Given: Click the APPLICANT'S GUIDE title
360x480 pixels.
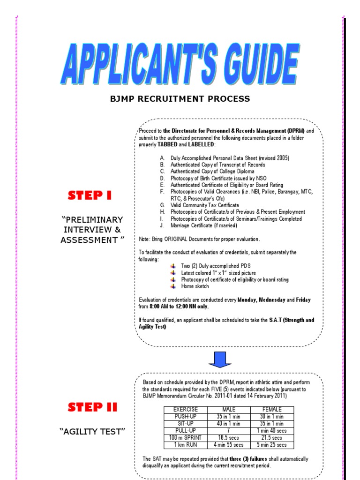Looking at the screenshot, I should point(180,64).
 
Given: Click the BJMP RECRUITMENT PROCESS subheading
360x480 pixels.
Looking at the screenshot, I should point(180,99).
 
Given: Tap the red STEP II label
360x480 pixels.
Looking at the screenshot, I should point(92,407).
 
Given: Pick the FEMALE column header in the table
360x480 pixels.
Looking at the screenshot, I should point(272,409).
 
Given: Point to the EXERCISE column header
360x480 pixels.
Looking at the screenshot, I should point(186,409).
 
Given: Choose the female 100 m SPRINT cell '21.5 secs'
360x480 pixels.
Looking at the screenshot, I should point(272,437).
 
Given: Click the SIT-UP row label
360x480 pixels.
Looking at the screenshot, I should point(186,423).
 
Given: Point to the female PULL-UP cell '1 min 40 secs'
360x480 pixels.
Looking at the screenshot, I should point(272,430).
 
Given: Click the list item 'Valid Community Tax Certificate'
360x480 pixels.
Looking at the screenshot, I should point(205,205).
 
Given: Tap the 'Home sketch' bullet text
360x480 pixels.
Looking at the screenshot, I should point(195,286).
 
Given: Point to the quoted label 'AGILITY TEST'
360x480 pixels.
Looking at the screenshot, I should point(92,432).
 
